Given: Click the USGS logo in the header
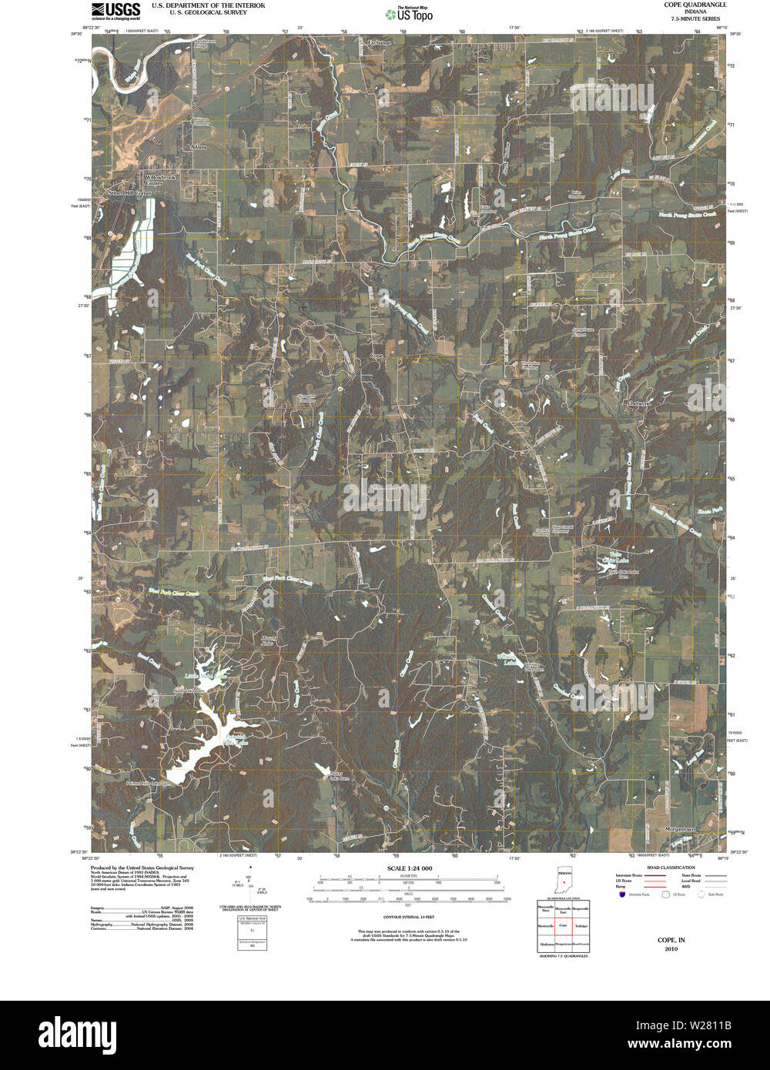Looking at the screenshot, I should click(x=115, y=10).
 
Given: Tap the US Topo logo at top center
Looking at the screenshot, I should click(x=409, y=12).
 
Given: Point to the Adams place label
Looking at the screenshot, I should click(x=199, y=145).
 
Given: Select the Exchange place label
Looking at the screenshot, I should click(x=380, y=42).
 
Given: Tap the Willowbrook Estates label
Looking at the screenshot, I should click(x=162, y=180).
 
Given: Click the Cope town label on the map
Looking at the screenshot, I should click(x=377, y=356).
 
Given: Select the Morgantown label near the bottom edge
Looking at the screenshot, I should click(x=680, y=829).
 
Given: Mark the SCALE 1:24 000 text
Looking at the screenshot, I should click(x=410, y=868).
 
